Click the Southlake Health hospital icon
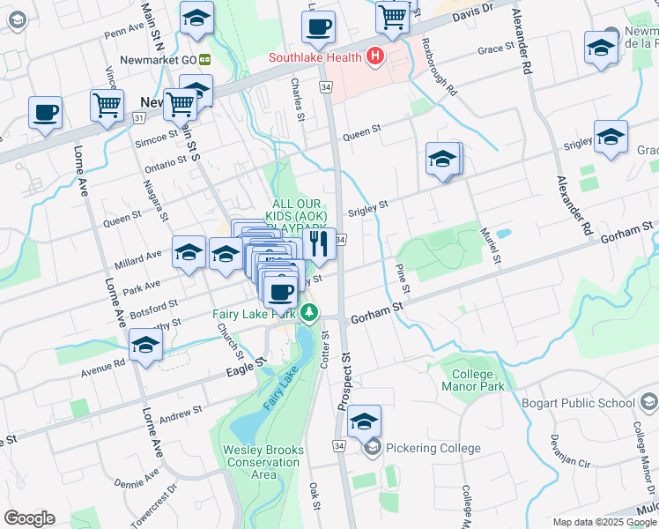pyautogui.click(x=376, y=58)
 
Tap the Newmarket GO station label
pyautogui.click(x=162, y=59)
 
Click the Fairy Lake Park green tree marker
pyautogui.click(x=308, y=313)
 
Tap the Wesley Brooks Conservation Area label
pyautogui.click(x=263, y=462)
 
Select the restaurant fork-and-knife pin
pyautogui.click(x=319, y=244)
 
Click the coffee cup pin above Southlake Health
pyautogui.click(x=318, y=26)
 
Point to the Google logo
pyautogui.click(x=29, y=518)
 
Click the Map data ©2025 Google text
pyautogui.click(x=604, y=522)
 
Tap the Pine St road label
pyautogui.click(x=402, y=278)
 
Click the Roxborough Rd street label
pyautogui.click(x=438, y=66)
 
